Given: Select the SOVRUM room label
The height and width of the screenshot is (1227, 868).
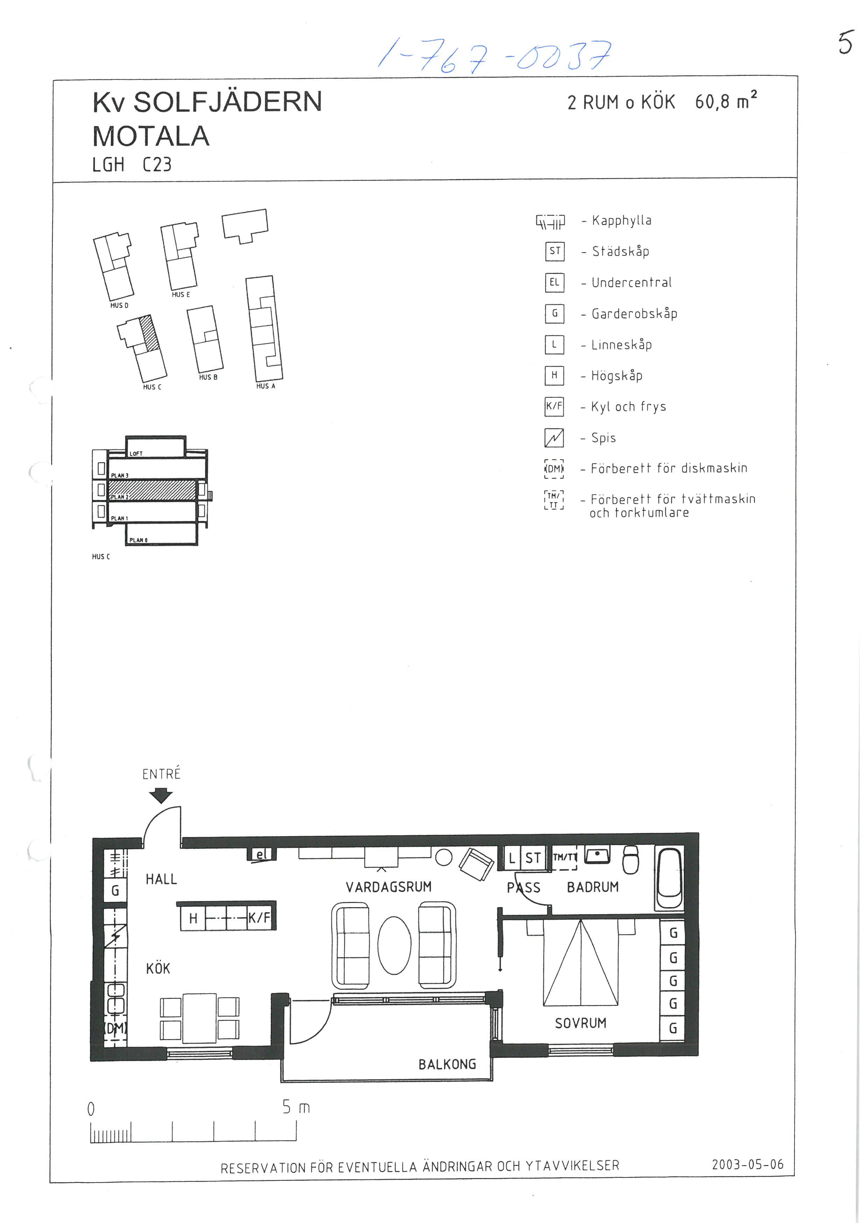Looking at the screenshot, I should (580, 1023).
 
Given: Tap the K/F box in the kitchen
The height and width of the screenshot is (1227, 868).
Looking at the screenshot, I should (260, 918).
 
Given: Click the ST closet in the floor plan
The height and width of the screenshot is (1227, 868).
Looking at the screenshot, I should (533, 858).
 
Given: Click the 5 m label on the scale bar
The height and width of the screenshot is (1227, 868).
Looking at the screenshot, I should (295, 1107).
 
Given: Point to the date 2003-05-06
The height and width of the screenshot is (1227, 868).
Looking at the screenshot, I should (747, 1164).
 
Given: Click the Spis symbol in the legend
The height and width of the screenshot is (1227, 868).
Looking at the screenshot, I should (554, 438).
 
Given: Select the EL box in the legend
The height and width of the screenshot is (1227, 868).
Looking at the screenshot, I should (554, 282).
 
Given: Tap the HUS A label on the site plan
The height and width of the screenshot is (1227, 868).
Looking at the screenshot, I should (266, 386).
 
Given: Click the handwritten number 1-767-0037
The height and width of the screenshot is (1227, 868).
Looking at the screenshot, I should (495, 56).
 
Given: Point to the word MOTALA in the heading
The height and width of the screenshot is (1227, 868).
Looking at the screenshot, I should (151, 136).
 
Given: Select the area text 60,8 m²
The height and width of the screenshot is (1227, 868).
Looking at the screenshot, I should (725, 101).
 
